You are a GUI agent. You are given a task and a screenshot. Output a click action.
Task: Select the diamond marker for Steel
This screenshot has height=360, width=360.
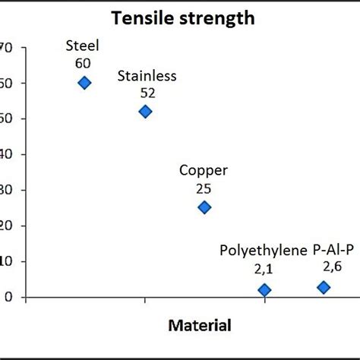point(84,83)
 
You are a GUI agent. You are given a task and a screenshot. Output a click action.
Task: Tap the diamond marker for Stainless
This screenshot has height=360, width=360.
point(145,112)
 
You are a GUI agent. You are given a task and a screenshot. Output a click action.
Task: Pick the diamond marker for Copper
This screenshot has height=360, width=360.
point(204,207)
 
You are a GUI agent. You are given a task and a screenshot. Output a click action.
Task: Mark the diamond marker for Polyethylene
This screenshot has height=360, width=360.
point(264,290)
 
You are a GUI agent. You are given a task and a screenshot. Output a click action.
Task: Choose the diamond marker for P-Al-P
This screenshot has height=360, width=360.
point(324,287)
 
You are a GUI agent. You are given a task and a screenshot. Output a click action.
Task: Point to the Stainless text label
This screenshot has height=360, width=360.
point(147,75)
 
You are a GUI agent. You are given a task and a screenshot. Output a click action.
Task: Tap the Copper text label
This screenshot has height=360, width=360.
point(203,171)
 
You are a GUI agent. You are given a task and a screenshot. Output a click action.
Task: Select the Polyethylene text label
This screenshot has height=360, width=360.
point(264,249)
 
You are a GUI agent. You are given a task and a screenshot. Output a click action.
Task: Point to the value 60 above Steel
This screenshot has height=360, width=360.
point(84,63)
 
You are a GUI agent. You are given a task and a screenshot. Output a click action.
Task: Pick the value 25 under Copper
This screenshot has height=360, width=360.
point(203,188)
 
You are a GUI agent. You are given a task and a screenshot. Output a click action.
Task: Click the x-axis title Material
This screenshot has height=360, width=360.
point(199,327)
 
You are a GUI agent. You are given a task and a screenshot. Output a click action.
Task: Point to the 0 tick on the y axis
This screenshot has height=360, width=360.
point(9,297)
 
